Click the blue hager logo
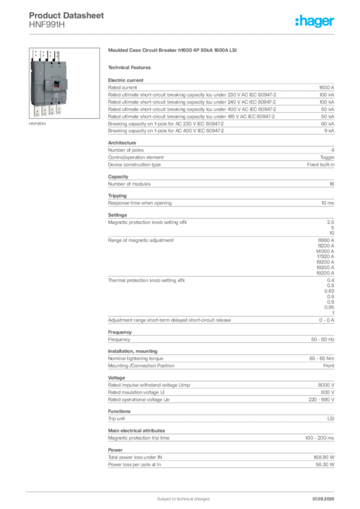click(x=316, y=22)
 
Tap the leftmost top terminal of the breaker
click(x=36, y=55)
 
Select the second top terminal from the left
click(x=43, y=55)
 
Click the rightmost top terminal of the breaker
click(x=58, y=56)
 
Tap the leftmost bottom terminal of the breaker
click(x=37, y=111)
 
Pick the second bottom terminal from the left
click(x=45, y=110)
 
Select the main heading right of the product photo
click(x=173, y=51)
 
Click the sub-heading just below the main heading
click(x=131, y=67)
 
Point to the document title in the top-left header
click(x=67, y=15)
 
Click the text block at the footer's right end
click(x=326, y=496)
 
